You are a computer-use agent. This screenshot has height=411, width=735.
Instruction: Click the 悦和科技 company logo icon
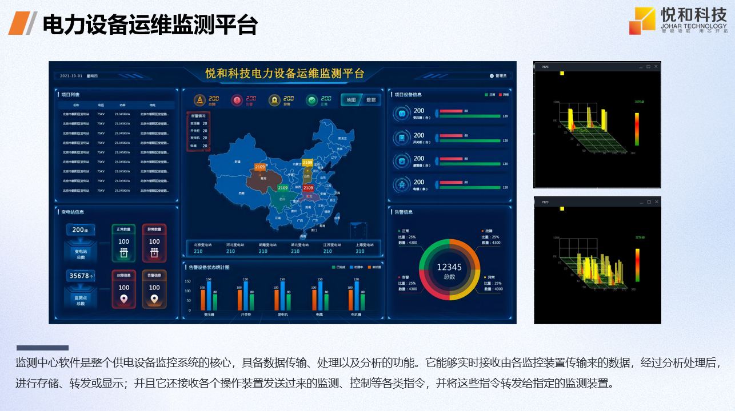(x=642, y=21)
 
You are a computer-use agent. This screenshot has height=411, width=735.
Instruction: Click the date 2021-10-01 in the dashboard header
(x=71, y=76)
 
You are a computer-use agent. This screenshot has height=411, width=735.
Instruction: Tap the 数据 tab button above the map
(x=371, y=100)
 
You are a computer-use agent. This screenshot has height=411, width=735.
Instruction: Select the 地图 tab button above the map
(x=351, y=100)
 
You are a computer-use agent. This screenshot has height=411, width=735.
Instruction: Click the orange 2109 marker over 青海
(x=259, y=167)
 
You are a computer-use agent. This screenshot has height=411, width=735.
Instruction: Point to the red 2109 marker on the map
(x=308, y=188)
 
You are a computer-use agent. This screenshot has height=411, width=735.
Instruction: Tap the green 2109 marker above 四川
(x=282, y=188)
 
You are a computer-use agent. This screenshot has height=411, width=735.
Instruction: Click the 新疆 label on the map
(x=237, y=162)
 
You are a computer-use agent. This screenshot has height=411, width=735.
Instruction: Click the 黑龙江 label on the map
(x=342, y=138)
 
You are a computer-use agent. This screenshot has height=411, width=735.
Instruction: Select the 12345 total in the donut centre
(x=449, y=267)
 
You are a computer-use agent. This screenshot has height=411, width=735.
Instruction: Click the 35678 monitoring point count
(x=79, y=276)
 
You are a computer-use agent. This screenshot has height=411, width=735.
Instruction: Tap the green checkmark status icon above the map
(x=311, y=100)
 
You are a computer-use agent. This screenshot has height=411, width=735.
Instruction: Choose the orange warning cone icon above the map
(x=199, y=100)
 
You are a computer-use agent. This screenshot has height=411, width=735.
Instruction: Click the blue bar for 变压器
(x=209, y=296)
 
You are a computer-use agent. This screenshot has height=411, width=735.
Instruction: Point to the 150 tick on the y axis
(x=187, y=281)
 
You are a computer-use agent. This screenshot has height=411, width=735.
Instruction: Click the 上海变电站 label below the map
(x=360, y=245)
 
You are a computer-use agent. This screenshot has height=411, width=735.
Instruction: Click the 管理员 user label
(x=501, y=76)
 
